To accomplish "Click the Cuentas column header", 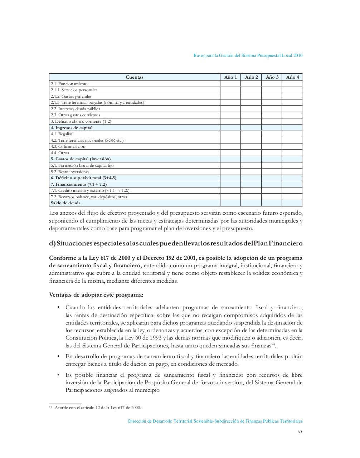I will coord(134,77).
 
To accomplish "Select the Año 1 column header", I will coord(230,77).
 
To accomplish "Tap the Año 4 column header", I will coord(292,77).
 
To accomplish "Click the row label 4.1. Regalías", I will coord(62,134).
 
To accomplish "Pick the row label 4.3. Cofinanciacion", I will coord(68,146).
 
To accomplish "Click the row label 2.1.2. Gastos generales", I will coord(71,96).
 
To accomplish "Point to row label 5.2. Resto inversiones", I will coord(70,172).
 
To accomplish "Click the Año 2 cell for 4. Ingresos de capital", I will coord(251,128).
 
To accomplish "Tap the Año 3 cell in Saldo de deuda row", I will coord(272,203).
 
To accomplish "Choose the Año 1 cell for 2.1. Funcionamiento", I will coord(230,84).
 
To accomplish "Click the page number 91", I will coord(300,431).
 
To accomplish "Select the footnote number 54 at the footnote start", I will coord(50,407).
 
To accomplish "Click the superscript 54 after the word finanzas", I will coord(273,344).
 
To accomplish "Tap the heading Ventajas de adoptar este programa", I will coord(96,295).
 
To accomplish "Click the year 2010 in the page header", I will coord(298,55).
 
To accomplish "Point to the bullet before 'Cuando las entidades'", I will coord(58,308).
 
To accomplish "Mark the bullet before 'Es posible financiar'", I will coord(58,375).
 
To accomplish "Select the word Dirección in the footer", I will coord(137,421).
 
